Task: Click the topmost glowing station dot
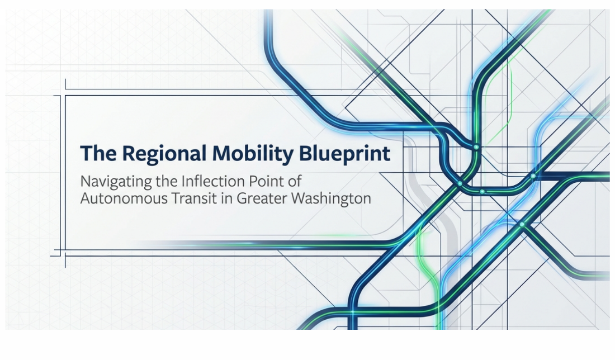coord(476,147)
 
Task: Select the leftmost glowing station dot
coord(460,183)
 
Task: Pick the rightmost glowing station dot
coord(533,176)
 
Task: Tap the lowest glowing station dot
coord(522,224)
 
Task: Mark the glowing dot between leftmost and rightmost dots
coord(482,192)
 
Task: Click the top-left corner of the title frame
coord(65,96)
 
